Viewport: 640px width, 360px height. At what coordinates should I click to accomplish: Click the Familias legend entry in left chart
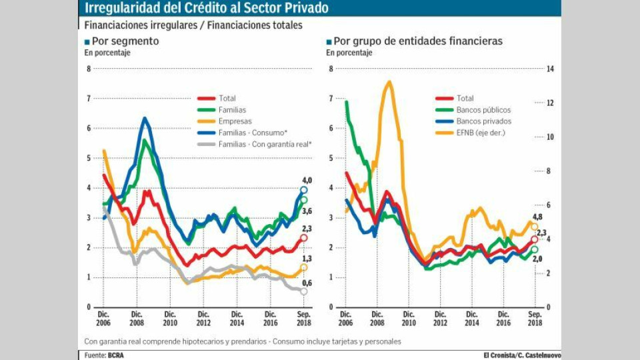click(x=232, y=109)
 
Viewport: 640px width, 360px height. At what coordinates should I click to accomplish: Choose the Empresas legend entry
click(x=235, y=121)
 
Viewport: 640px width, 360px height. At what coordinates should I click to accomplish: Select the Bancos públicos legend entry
click(x=483, y=109)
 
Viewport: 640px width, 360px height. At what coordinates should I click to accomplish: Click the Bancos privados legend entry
click(x=484, y=121)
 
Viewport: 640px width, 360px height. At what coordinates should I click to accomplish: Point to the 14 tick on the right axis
click(x=551, y=69)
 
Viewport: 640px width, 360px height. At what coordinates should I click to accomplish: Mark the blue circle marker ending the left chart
click(x=304, y=190)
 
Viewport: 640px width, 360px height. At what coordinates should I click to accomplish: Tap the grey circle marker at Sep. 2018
click(x=304, y=291)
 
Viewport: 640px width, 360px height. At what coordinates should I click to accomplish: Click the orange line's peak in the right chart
click(x=389, y=82)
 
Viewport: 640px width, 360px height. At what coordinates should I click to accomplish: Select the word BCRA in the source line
click(x=116, y=355)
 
